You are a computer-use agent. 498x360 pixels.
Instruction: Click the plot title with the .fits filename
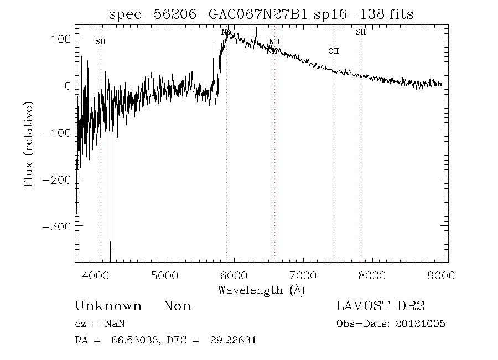tap(261, 14)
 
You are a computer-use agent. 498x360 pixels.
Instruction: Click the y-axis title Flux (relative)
tap(29, 143)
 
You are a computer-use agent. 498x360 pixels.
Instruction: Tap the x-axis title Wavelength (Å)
tap(261, 289)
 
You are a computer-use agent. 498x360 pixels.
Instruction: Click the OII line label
tap(333, 52)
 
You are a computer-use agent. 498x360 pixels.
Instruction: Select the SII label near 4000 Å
tap(100, 42)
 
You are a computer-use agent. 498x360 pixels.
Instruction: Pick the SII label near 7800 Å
tap(361, 32)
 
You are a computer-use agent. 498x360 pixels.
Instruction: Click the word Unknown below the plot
tap(108, 306)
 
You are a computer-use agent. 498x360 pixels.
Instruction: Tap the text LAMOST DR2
tap(381, 306)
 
